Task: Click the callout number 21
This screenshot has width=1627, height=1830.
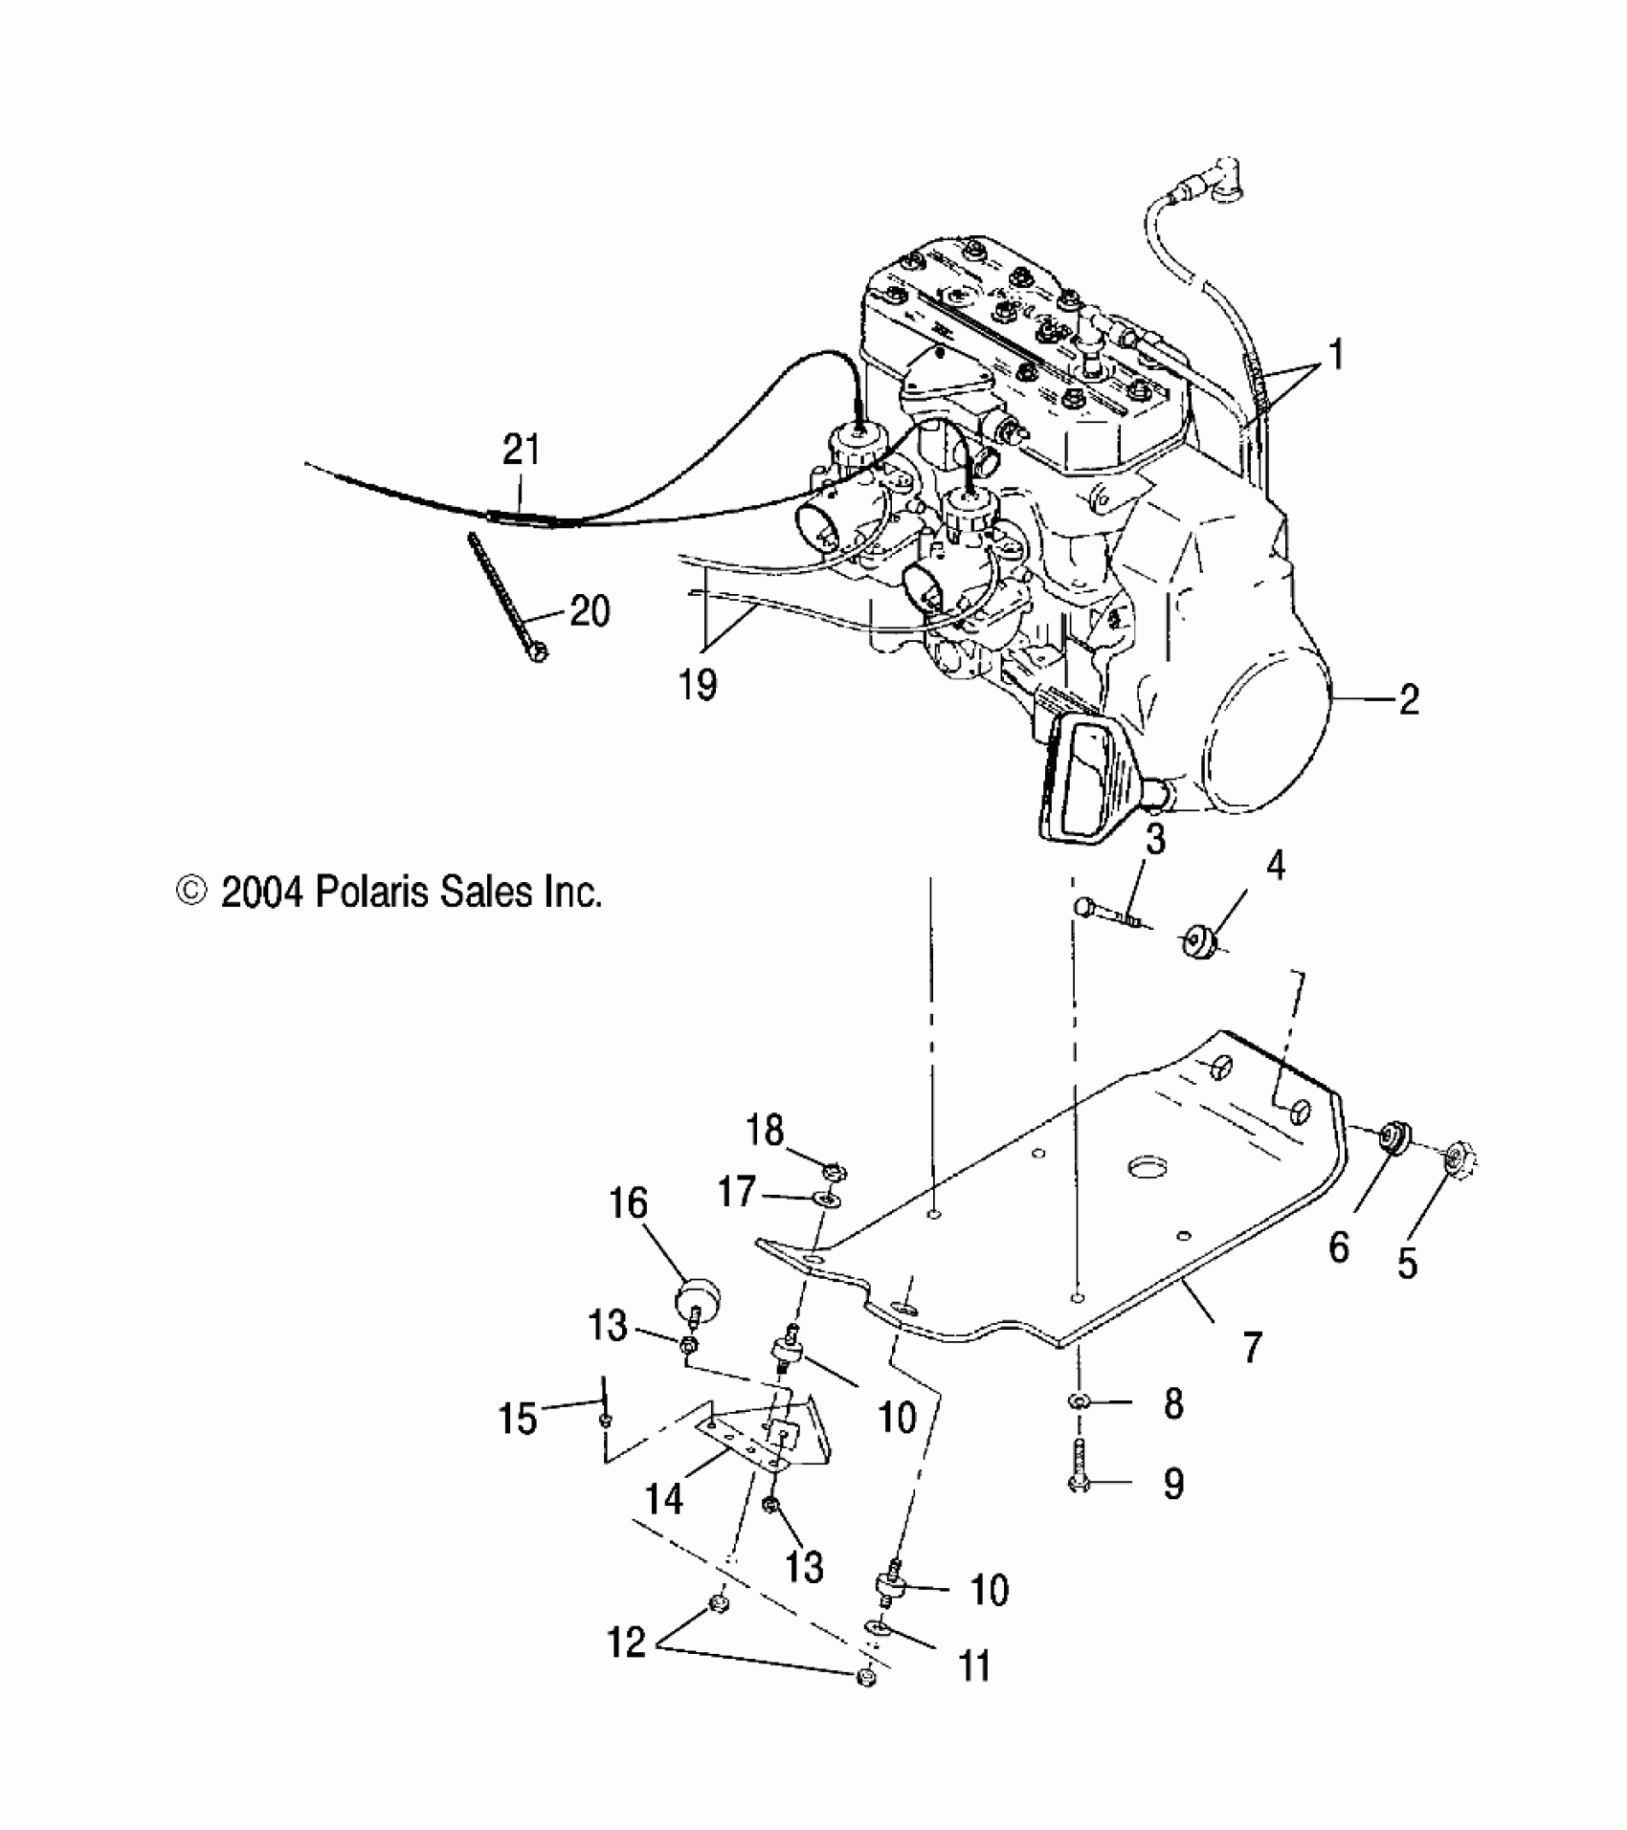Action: pos(522,449)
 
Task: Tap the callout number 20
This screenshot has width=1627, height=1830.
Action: pos(590,610)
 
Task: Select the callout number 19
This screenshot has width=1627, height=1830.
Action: pos(698,685)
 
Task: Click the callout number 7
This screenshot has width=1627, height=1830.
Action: pos(1251,1347)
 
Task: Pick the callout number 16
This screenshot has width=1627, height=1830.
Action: pos(628,1203)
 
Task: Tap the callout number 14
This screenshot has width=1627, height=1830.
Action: pos(663,1498)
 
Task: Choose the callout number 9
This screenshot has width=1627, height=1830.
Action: pos(1172,1484)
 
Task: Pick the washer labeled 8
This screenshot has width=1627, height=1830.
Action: pos(1078,1401)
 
